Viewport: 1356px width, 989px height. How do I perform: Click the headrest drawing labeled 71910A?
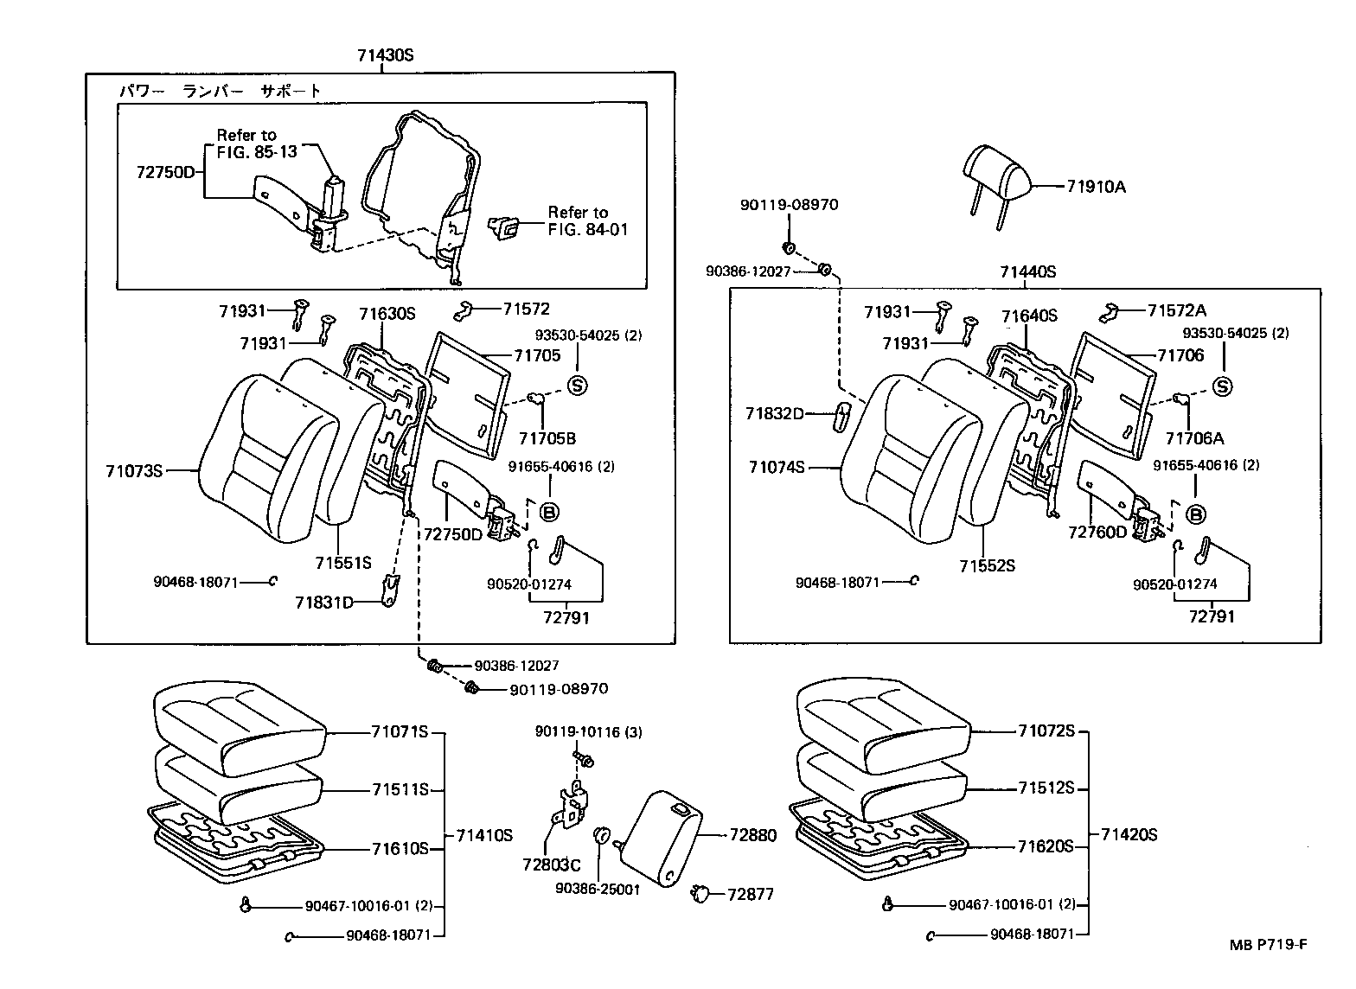[x=996, y=171]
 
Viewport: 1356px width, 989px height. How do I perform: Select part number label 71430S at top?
[x=386, y=55]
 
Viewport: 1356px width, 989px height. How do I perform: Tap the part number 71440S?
[x=1027, y=271]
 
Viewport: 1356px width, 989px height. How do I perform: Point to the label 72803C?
[x=550, y=864]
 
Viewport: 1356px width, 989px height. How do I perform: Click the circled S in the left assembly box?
[x=578, y=385]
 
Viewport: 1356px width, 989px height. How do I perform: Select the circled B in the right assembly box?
[x=1196, y=515]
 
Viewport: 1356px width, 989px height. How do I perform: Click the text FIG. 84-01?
[x=588, y=229]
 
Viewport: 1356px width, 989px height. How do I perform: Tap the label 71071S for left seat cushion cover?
[x=400, y=732]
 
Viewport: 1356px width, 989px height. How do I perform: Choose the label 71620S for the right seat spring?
[x=1045, y=846]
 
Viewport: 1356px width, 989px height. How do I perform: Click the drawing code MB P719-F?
[x=1269, y=945]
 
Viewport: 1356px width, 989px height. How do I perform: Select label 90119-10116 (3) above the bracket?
[x=588, y=732]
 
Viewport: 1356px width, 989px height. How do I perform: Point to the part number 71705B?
[x=547, y=437]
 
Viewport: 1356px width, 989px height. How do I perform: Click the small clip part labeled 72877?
[x=700, y=892]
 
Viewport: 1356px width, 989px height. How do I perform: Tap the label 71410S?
[x=484, y=835]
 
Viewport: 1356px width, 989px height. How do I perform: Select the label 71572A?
[x=1177, y=310]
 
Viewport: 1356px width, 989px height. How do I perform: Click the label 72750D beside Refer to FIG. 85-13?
[x=166, y=172]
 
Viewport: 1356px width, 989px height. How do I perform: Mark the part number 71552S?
[x=986, y=566]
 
